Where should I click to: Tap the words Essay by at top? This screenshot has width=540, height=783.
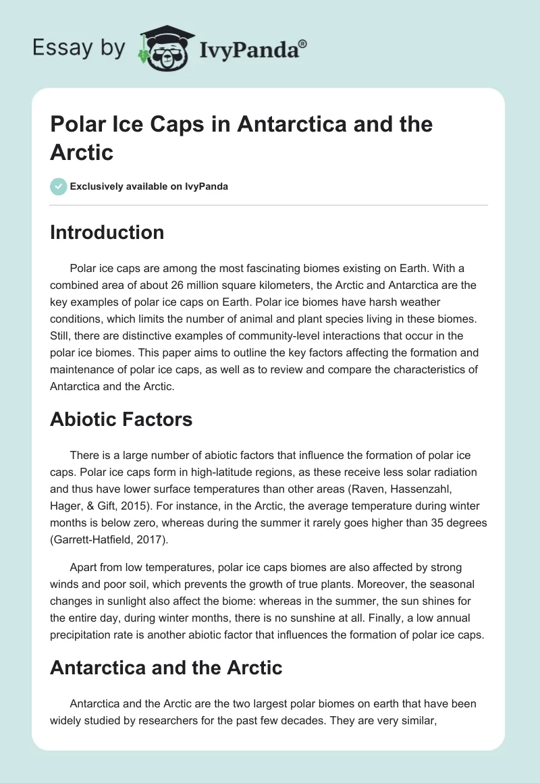(80, 49)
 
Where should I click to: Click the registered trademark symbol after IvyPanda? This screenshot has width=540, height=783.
(303, 44)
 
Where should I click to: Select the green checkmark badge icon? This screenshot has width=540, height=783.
(59, 186)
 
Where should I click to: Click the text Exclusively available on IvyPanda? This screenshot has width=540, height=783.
(149, 187)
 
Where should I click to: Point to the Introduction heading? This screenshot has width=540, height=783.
(107, 233)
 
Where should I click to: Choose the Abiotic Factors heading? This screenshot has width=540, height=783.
(122, 419)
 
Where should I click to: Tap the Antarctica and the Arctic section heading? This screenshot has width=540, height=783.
(166, 668)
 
